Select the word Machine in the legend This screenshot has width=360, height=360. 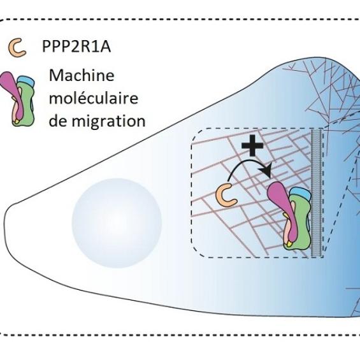(82, 76)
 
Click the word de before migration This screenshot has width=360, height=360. (57, 120)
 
